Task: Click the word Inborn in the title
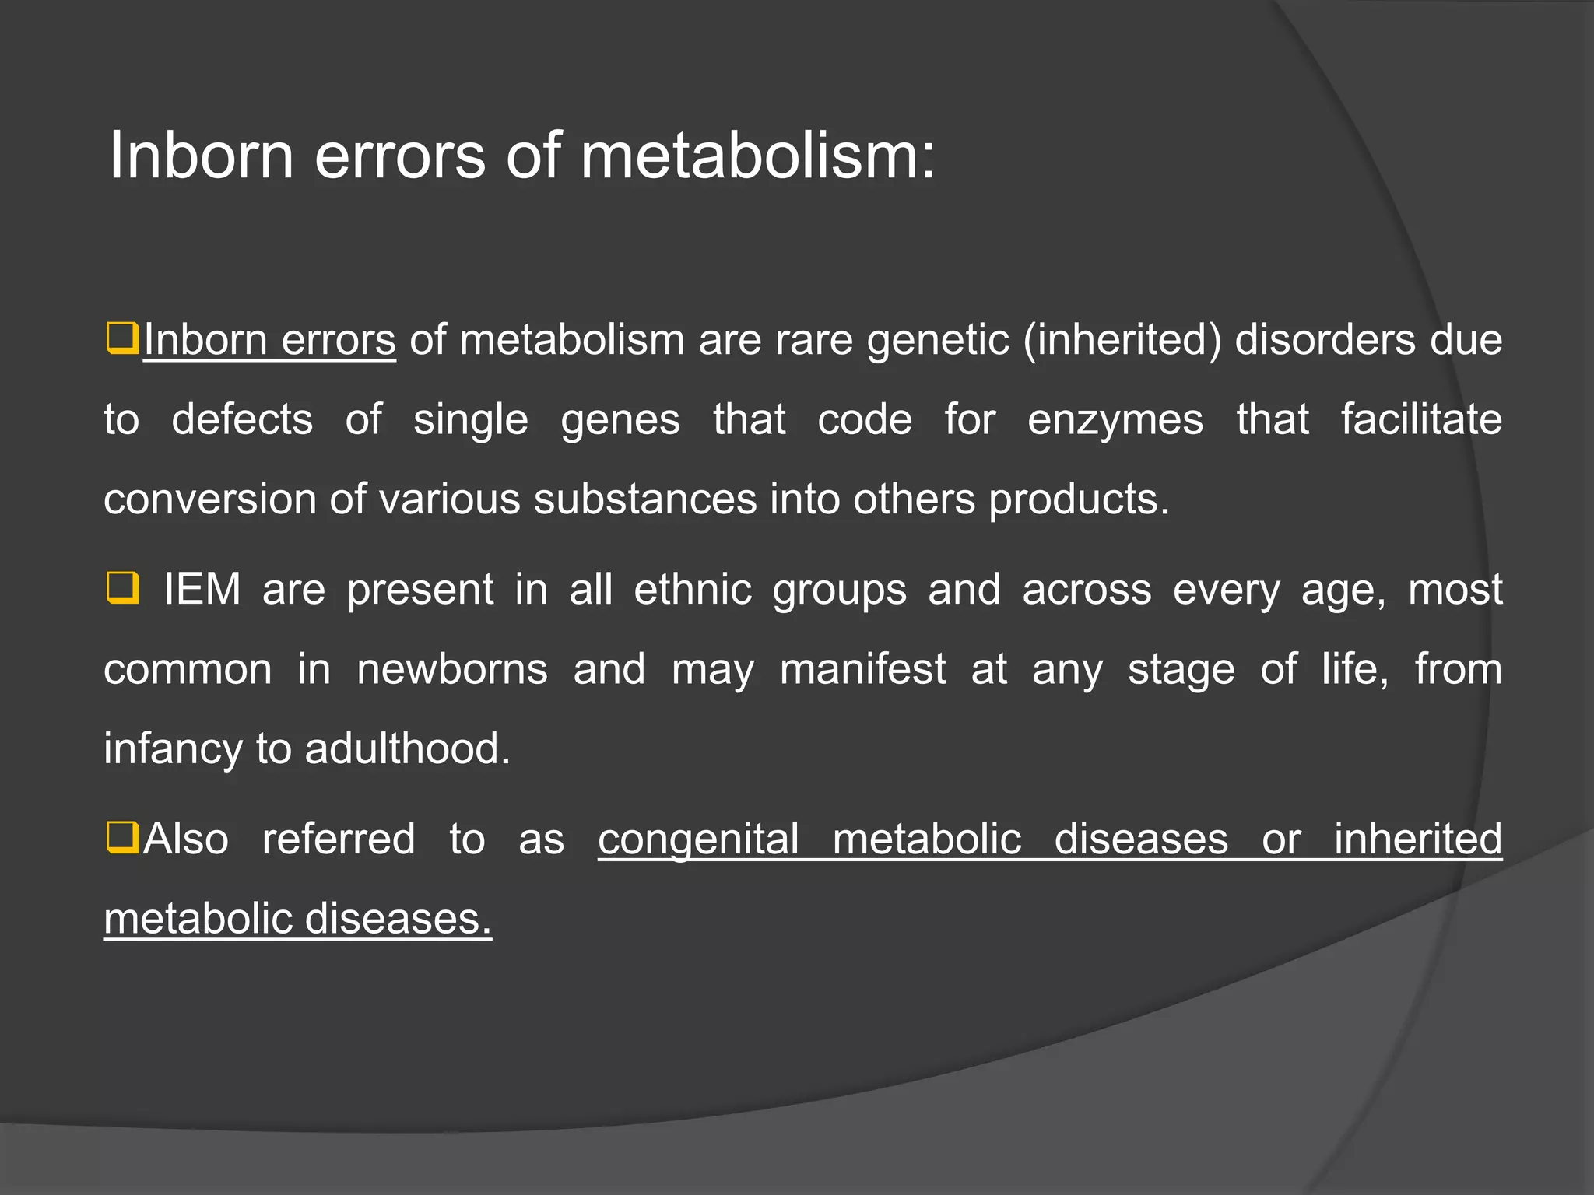(x=201, y=156)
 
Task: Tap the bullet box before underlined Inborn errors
(x=122, y=338)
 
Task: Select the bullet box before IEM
(x=122, y=588)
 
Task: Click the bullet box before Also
(x=122, y=838)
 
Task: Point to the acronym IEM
(x=202, y=589)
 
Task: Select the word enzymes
(x=1115, y=420)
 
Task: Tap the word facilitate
(x=1421, y=420)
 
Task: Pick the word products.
(x=1079, y=499)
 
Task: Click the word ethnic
(x=693, y=590)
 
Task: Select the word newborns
(x=452, y=670)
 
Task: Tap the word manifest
(x=862, y=670)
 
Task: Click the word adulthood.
(x=407, y=749)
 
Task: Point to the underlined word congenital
(x=698, y=839)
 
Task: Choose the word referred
(x=339, y=839)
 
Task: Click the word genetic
(x=938, y=341)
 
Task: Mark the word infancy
(x=173, y=749)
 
